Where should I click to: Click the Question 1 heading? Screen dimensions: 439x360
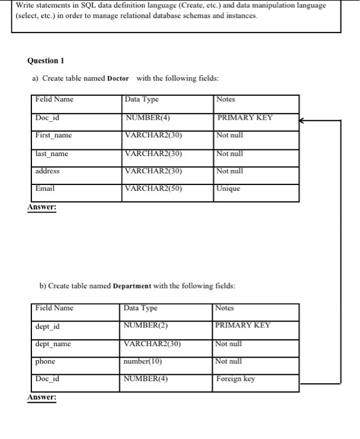(x=46, y=61)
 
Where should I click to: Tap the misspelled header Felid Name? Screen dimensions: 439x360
(x=55, y=99)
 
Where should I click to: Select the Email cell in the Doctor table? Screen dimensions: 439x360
(x=46, y=188)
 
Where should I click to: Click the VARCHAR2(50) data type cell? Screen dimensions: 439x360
(x=154, y=188)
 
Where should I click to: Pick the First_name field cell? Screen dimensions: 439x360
(x=54, y=135)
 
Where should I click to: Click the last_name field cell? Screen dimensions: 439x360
(x=53, y=153)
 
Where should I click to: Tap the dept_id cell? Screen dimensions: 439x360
(x=48, y=325)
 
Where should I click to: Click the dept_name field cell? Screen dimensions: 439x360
(x=53, y=343)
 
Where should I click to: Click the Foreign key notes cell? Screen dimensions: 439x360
(x=236, y=379)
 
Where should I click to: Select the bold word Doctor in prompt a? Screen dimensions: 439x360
(x=119, y=78)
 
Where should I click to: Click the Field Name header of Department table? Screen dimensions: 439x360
(x=55, y=308)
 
